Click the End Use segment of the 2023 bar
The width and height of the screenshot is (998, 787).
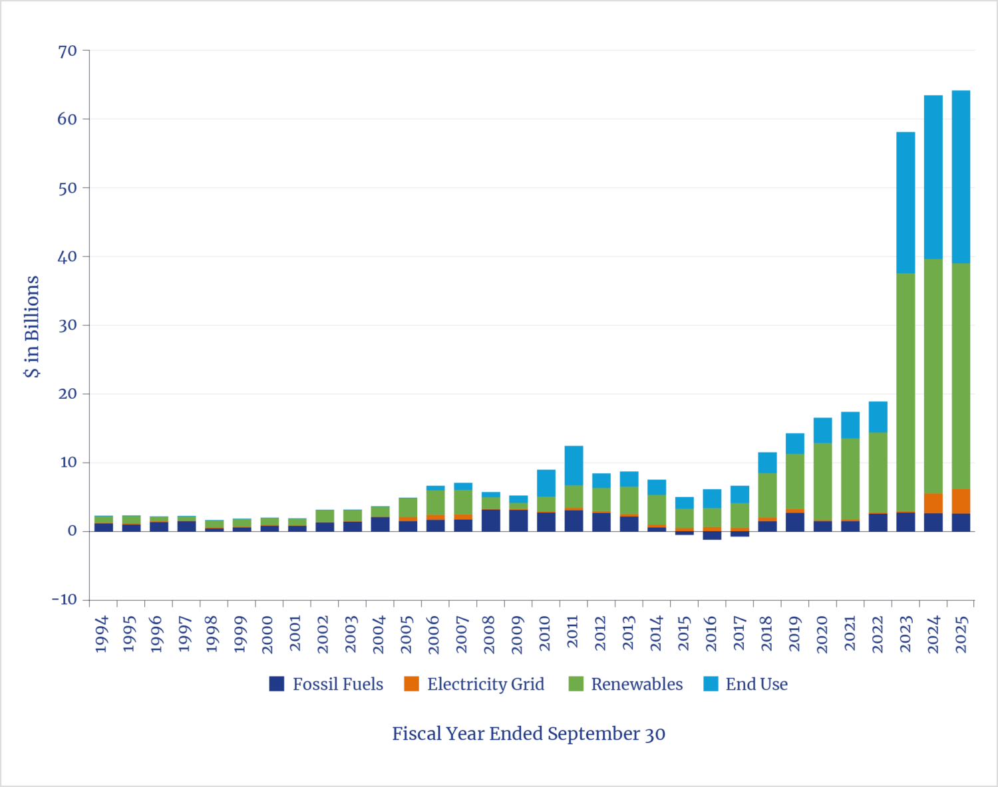pos(905,202)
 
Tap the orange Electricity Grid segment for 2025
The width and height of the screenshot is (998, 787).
pos(961,501)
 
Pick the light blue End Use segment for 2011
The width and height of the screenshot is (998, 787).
pos(574,465)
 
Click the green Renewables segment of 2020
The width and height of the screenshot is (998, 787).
pos(822,481)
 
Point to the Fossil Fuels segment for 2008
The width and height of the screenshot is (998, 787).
pos(491,520)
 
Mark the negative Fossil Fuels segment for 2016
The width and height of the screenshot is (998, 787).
pos(712,536)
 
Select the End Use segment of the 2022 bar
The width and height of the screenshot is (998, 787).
pos(878,417)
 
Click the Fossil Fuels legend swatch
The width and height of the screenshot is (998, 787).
pos(277,684)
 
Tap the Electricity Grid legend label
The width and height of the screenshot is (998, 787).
pos(485,684)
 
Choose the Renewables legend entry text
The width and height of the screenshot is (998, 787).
pos(637,684)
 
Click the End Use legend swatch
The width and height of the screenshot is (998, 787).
pos(711,684)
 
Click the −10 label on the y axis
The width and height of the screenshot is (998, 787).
pos(65,600)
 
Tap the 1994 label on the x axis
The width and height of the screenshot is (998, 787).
pos(102,635)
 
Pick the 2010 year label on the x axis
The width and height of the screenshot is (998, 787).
pos(546,635)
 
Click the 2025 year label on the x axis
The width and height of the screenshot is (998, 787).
pos(961,635)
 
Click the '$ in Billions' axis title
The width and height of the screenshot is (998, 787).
pos(32,326)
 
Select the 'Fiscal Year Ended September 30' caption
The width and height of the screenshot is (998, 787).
pos(528,734)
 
